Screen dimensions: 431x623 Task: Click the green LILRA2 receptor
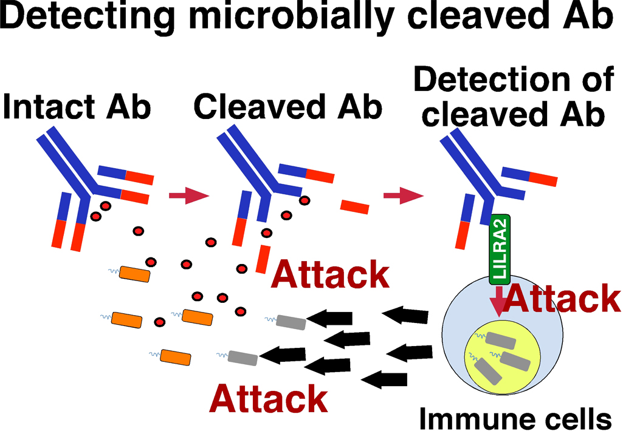coord(499,249)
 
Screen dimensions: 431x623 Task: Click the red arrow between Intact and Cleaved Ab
coord(188,195)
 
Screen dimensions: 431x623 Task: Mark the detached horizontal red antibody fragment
coord(354,207)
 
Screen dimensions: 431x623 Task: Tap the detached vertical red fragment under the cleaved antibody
coord(262,259)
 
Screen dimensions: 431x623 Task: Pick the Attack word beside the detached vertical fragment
coord(330,275)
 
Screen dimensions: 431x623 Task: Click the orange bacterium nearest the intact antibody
coord(134,274)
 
